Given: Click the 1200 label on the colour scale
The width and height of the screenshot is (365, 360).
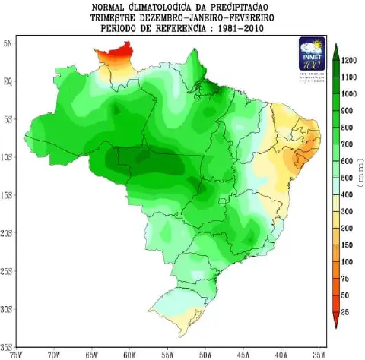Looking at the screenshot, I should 350,60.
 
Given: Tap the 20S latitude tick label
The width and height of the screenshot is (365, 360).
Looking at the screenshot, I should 7,234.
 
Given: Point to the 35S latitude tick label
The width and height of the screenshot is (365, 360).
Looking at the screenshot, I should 7,348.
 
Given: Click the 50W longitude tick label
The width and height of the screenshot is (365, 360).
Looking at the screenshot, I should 205,354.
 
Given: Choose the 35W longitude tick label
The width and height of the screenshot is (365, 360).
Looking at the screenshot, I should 319,354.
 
